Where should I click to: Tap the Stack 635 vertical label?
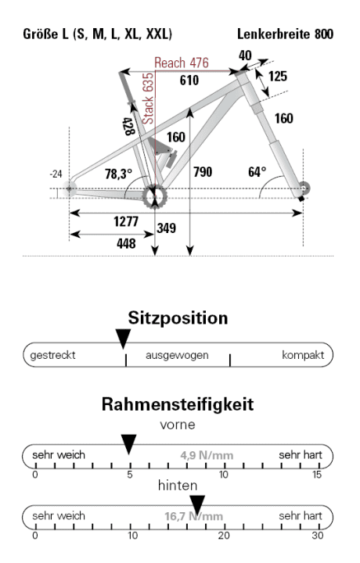(x=146, y=99)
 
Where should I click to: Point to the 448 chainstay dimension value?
(x=125, y=243)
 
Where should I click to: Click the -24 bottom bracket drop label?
(x=55, y=173)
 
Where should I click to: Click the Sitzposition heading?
(x=178, y=320)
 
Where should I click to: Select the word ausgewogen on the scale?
(x=178, y=354)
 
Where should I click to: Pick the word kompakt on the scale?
(x=301, y=354)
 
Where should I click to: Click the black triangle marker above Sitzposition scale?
(x=122, y=338)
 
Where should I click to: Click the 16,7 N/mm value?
(x=193, y=516)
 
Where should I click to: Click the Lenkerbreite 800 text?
(x=286, y=36)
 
